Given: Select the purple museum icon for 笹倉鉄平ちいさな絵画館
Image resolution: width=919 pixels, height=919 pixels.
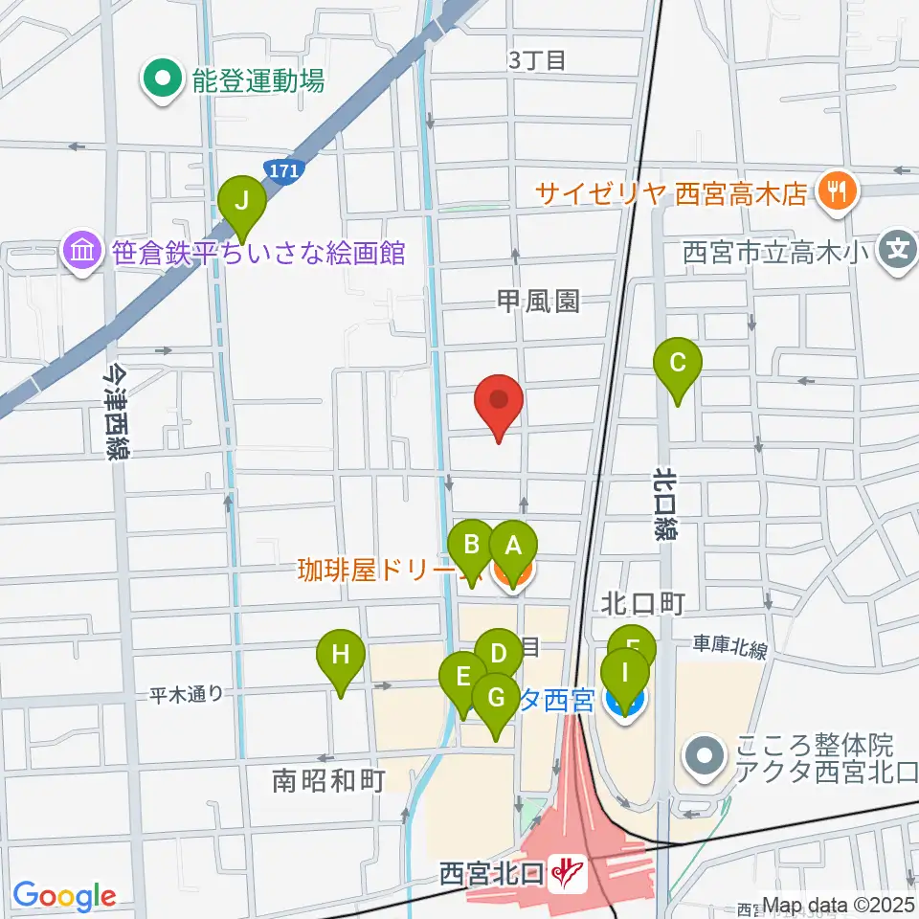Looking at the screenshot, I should coord(81,253).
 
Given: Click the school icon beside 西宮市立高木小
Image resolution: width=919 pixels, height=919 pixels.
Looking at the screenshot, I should coord(898,253).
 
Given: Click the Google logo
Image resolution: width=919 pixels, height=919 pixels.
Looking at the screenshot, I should coord(64,896).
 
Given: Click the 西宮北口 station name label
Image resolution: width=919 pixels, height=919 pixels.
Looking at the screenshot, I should coord(492,873).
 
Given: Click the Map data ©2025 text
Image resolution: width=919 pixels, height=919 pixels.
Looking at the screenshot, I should coord(838,903).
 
